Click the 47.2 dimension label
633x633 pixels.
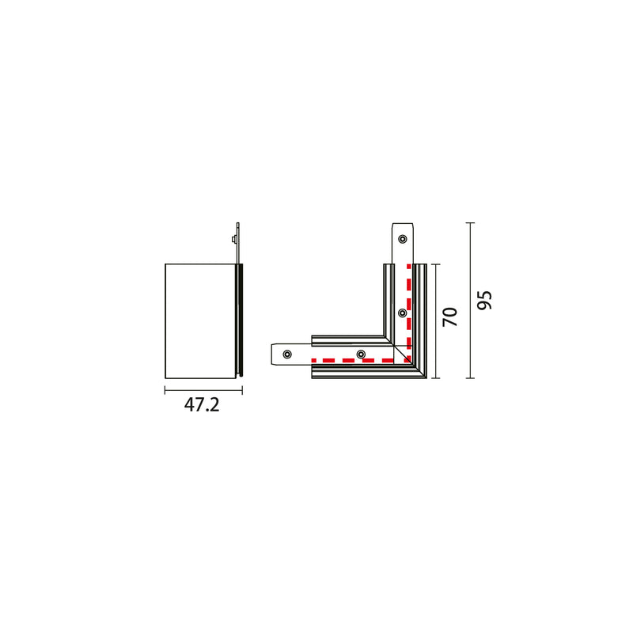tap(202, 405)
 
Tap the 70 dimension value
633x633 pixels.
tap(450, 317)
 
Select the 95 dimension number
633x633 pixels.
tap(484, 300)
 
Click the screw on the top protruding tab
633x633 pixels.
tap(403, 239)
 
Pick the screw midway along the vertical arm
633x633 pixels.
tap(403, 313)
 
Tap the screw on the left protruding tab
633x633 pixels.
tap(287, 354)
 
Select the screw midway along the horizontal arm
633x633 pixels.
tap(361, 354)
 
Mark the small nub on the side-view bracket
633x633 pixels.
tap(233, 240)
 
